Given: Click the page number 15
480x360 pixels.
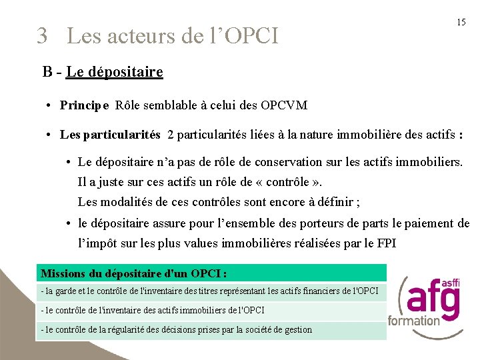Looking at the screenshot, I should click(x=461, y=22).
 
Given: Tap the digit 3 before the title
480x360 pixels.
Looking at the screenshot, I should click(x=43, y=35).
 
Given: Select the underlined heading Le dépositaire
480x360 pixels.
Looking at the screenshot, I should click(x=115, y=71).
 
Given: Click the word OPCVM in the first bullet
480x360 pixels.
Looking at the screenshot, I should click(x=284, y=105).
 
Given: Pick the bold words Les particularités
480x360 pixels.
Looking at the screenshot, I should click(x=110, y=135).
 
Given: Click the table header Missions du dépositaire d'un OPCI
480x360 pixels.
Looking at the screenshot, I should click(x=133, y=273).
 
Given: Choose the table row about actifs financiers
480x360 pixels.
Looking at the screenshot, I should click(x=209, y=291).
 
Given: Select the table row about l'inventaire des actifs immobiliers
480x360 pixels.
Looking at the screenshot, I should click(x=153, y=310).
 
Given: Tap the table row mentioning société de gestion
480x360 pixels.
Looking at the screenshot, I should click(x=176, y=329).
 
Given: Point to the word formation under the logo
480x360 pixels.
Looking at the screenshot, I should click(x=414, y=320).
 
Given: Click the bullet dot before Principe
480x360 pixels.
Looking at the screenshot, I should click(x=50, y=105).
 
